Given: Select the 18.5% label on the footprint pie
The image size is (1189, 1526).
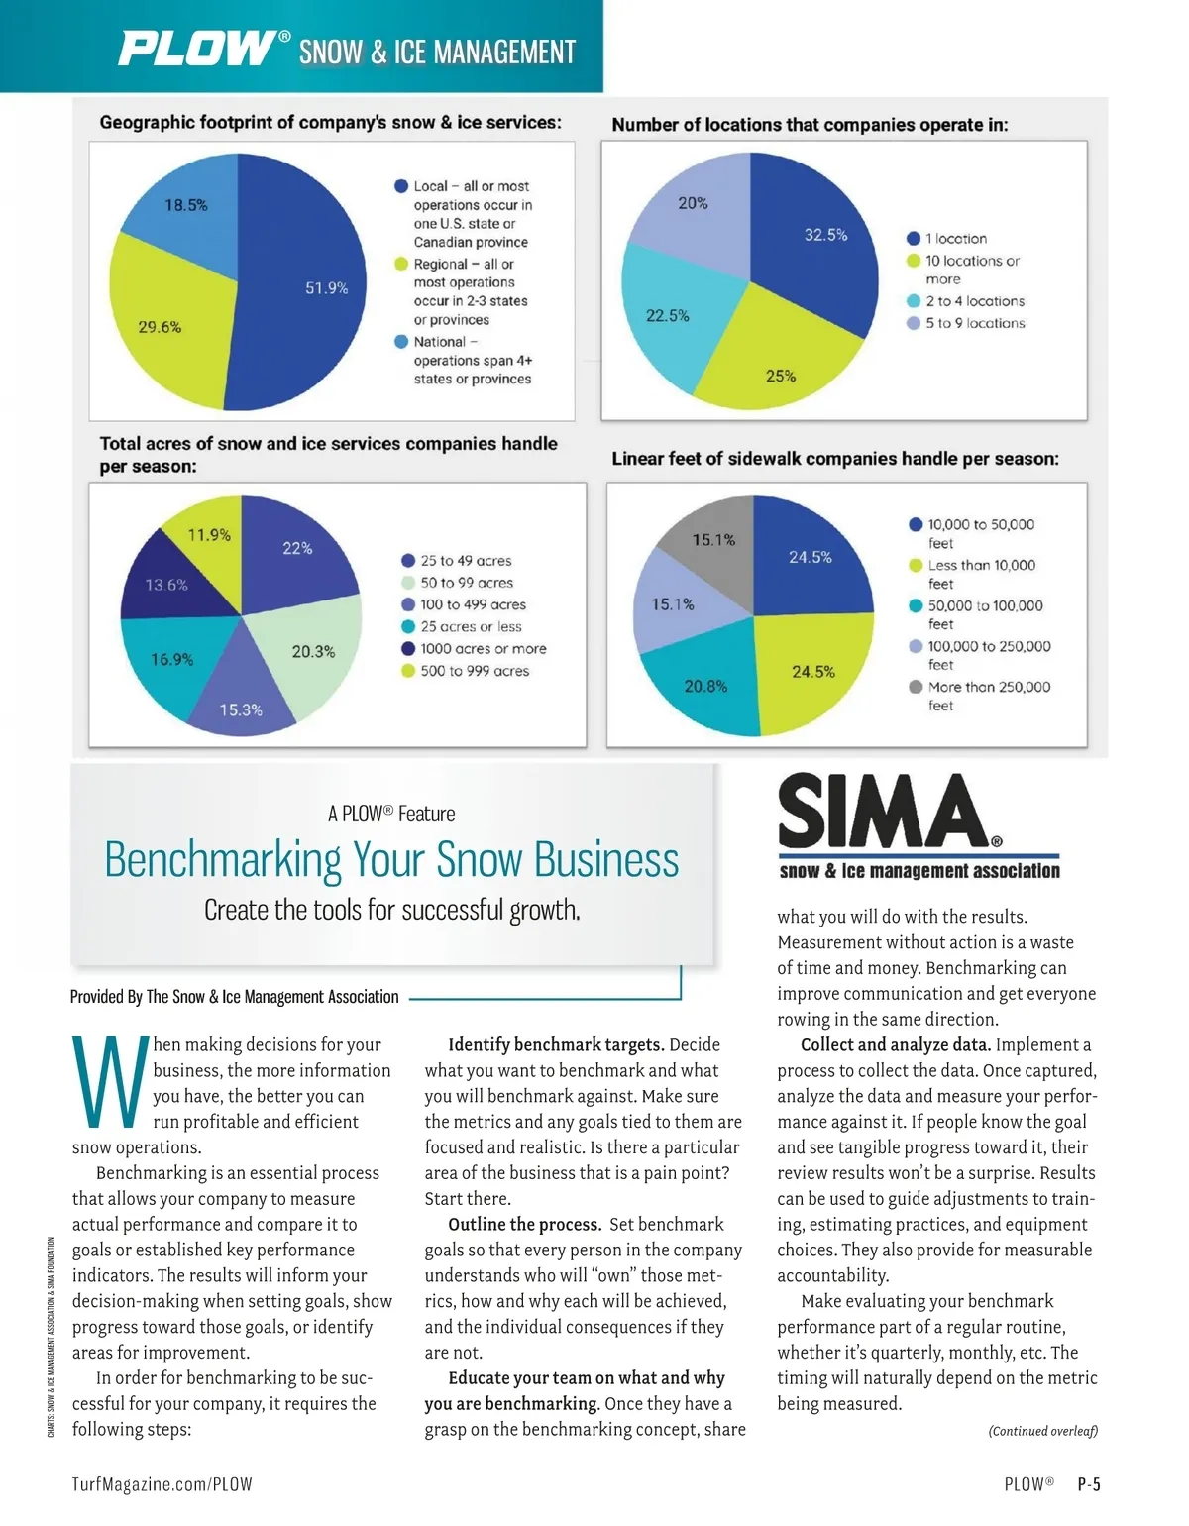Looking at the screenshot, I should (x=186, y=205).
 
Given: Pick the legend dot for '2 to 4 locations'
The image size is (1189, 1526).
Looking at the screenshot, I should (x=914, y=301).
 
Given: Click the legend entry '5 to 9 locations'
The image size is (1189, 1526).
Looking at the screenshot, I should (x=975, y=323).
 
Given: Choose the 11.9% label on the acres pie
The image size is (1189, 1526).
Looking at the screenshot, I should (x=209, y=535).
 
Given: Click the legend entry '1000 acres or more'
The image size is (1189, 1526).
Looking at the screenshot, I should (x=483, y=649).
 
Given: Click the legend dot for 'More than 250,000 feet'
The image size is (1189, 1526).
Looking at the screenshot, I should (x=916, y=687).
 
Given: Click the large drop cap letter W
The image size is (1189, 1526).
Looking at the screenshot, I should (x=109, y=1082).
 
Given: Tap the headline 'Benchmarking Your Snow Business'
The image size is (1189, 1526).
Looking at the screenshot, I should (x=391, y=859).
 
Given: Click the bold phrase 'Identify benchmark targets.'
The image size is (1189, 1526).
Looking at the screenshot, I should (x=556, y=1044).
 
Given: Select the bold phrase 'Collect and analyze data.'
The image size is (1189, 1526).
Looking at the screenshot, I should (x=895, y=1044).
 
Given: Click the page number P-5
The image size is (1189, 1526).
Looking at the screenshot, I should (x=1089, y=1484).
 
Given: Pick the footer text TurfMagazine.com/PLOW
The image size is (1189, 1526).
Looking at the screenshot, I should (x=162, y=1484).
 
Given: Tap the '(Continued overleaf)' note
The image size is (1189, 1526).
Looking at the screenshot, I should (x=1042, y=1431).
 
